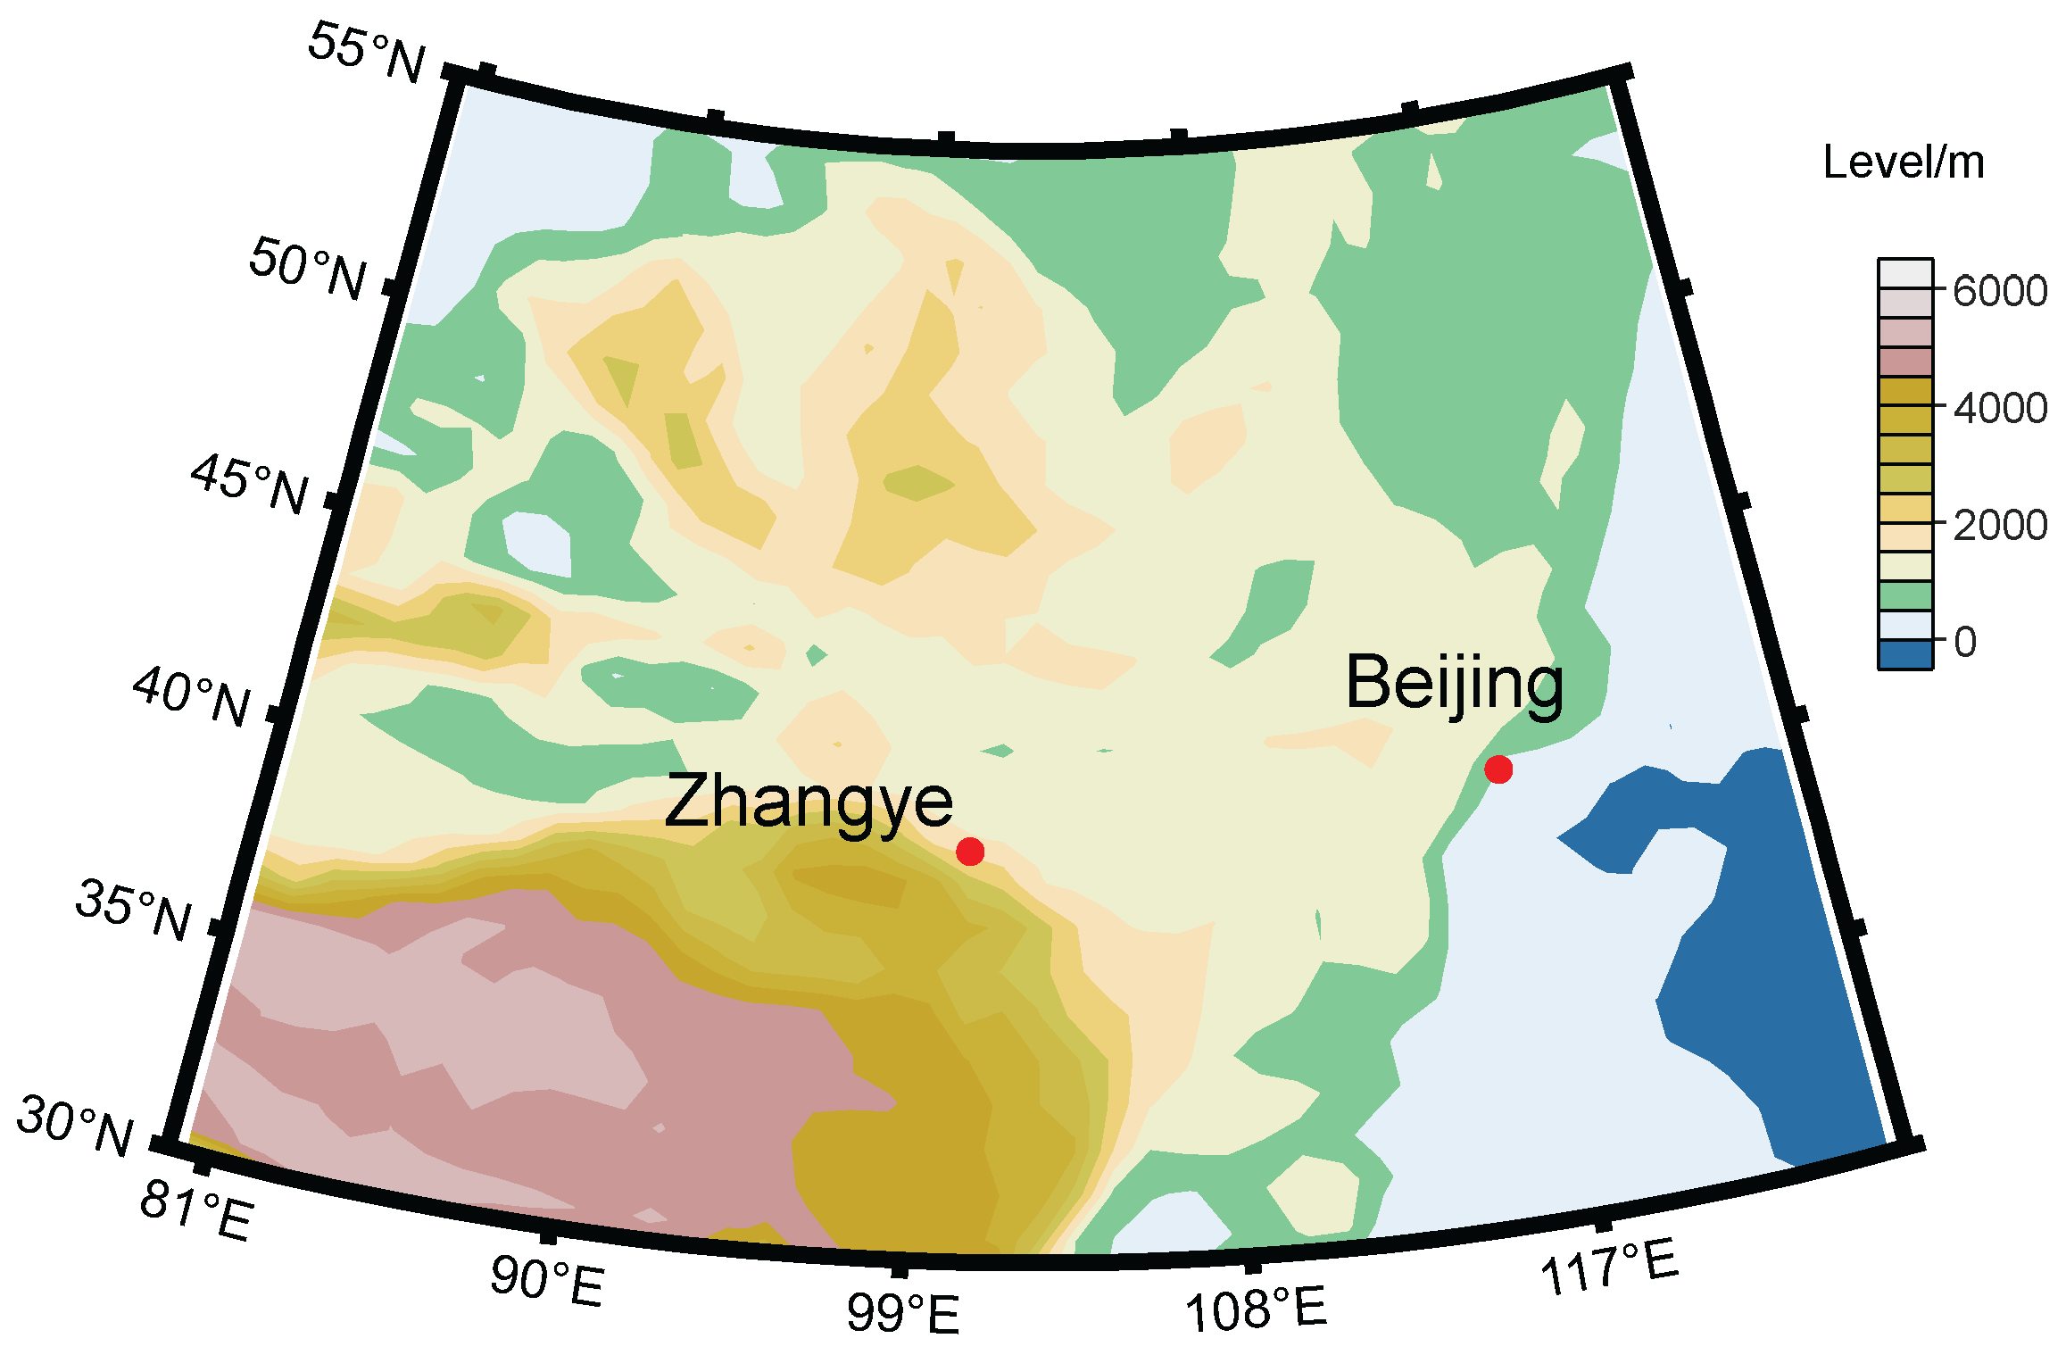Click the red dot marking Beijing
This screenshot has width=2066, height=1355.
1498,769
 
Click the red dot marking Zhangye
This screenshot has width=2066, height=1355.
970,852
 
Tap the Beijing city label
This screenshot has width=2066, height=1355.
1455,683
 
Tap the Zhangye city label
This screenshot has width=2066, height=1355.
809,802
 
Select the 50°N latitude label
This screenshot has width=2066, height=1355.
308,268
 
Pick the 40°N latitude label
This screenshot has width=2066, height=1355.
192,697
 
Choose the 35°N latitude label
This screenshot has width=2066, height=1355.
134,909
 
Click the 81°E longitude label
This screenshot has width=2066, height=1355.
197,1214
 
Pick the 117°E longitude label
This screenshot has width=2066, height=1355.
1609,1268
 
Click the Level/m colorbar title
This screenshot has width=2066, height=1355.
1904,162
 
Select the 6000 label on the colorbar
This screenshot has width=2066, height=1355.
1999,291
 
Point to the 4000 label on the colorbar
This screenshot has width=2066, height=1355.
1999,408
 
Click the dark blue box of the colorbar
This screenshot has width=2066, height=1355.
1905,654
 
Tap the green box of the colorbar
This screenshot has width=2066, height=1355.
1905,595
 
